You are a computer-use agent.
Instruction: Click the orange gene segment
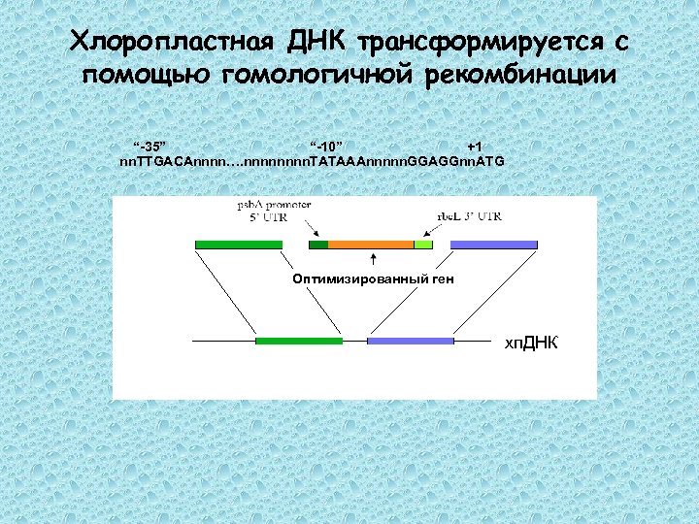371,244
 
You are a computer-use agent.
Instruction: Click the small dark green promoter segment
318,244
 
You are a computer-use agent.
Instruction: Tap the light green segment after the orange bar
423,244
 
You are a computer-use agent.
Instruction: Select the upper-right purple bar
493,244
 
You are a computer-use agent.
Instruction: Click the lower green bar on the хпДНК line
299,341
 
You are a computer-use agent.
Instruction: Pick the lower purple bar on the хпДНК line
410,341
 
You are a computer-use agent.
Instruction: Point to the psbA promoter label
275,206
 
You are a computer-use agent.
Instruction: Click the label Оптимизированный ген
373,279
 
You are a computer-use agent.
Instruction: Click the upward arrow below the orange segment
374,259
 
